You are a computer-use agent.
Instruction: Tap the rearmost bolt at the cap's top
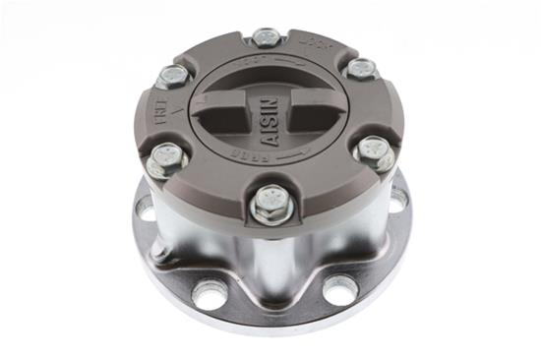tap(267, 38)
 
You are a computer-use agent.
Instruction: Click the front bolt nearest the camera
tap(268, 203)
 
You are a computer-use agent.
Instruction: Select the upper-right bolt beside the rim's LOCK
tap(361, 69)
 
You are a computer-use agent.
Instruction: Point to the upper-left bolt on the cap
tap(173, 76)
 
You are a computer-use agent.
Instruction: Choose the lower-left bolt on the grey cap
tap(166, 156)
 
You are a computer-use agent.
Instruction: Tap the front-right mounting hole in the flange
tap(340, 289)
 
